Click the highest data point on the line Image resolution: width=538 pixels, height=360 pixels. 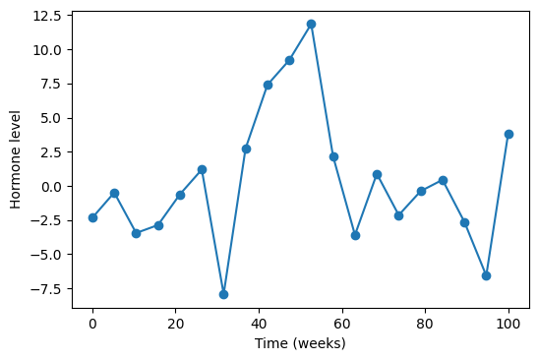pos(311,24)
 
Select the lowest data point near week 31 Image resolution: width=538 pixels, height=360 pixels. pos(223,294)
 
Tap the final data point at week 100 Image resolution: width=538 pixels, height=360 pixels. pos(508,134)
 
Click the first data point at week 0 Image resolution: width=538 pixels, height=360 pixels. pos(92,217)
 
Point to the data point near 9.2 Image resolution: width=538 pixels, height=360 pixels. pos(289,60)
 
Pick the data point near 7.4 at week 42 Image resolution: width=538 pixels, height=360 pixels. pos(268,85)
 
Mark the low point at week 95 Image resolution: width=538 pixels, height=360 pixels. pos(486,275)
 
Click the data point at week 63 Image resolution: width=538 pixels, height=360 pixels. pos(355,235)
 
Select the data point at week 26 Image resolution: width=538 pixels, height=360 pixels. pos(202,169)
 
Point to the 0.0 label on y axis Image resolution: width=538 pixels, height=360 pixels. pos(51,187)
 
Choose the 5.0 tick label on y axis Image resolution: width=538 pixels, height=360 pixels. pos(51,118)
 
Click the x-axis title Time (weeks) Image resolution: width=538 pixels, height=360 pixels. pos(300,343)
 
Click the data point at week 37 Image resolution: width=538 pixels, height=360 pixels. pos(246,149)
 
